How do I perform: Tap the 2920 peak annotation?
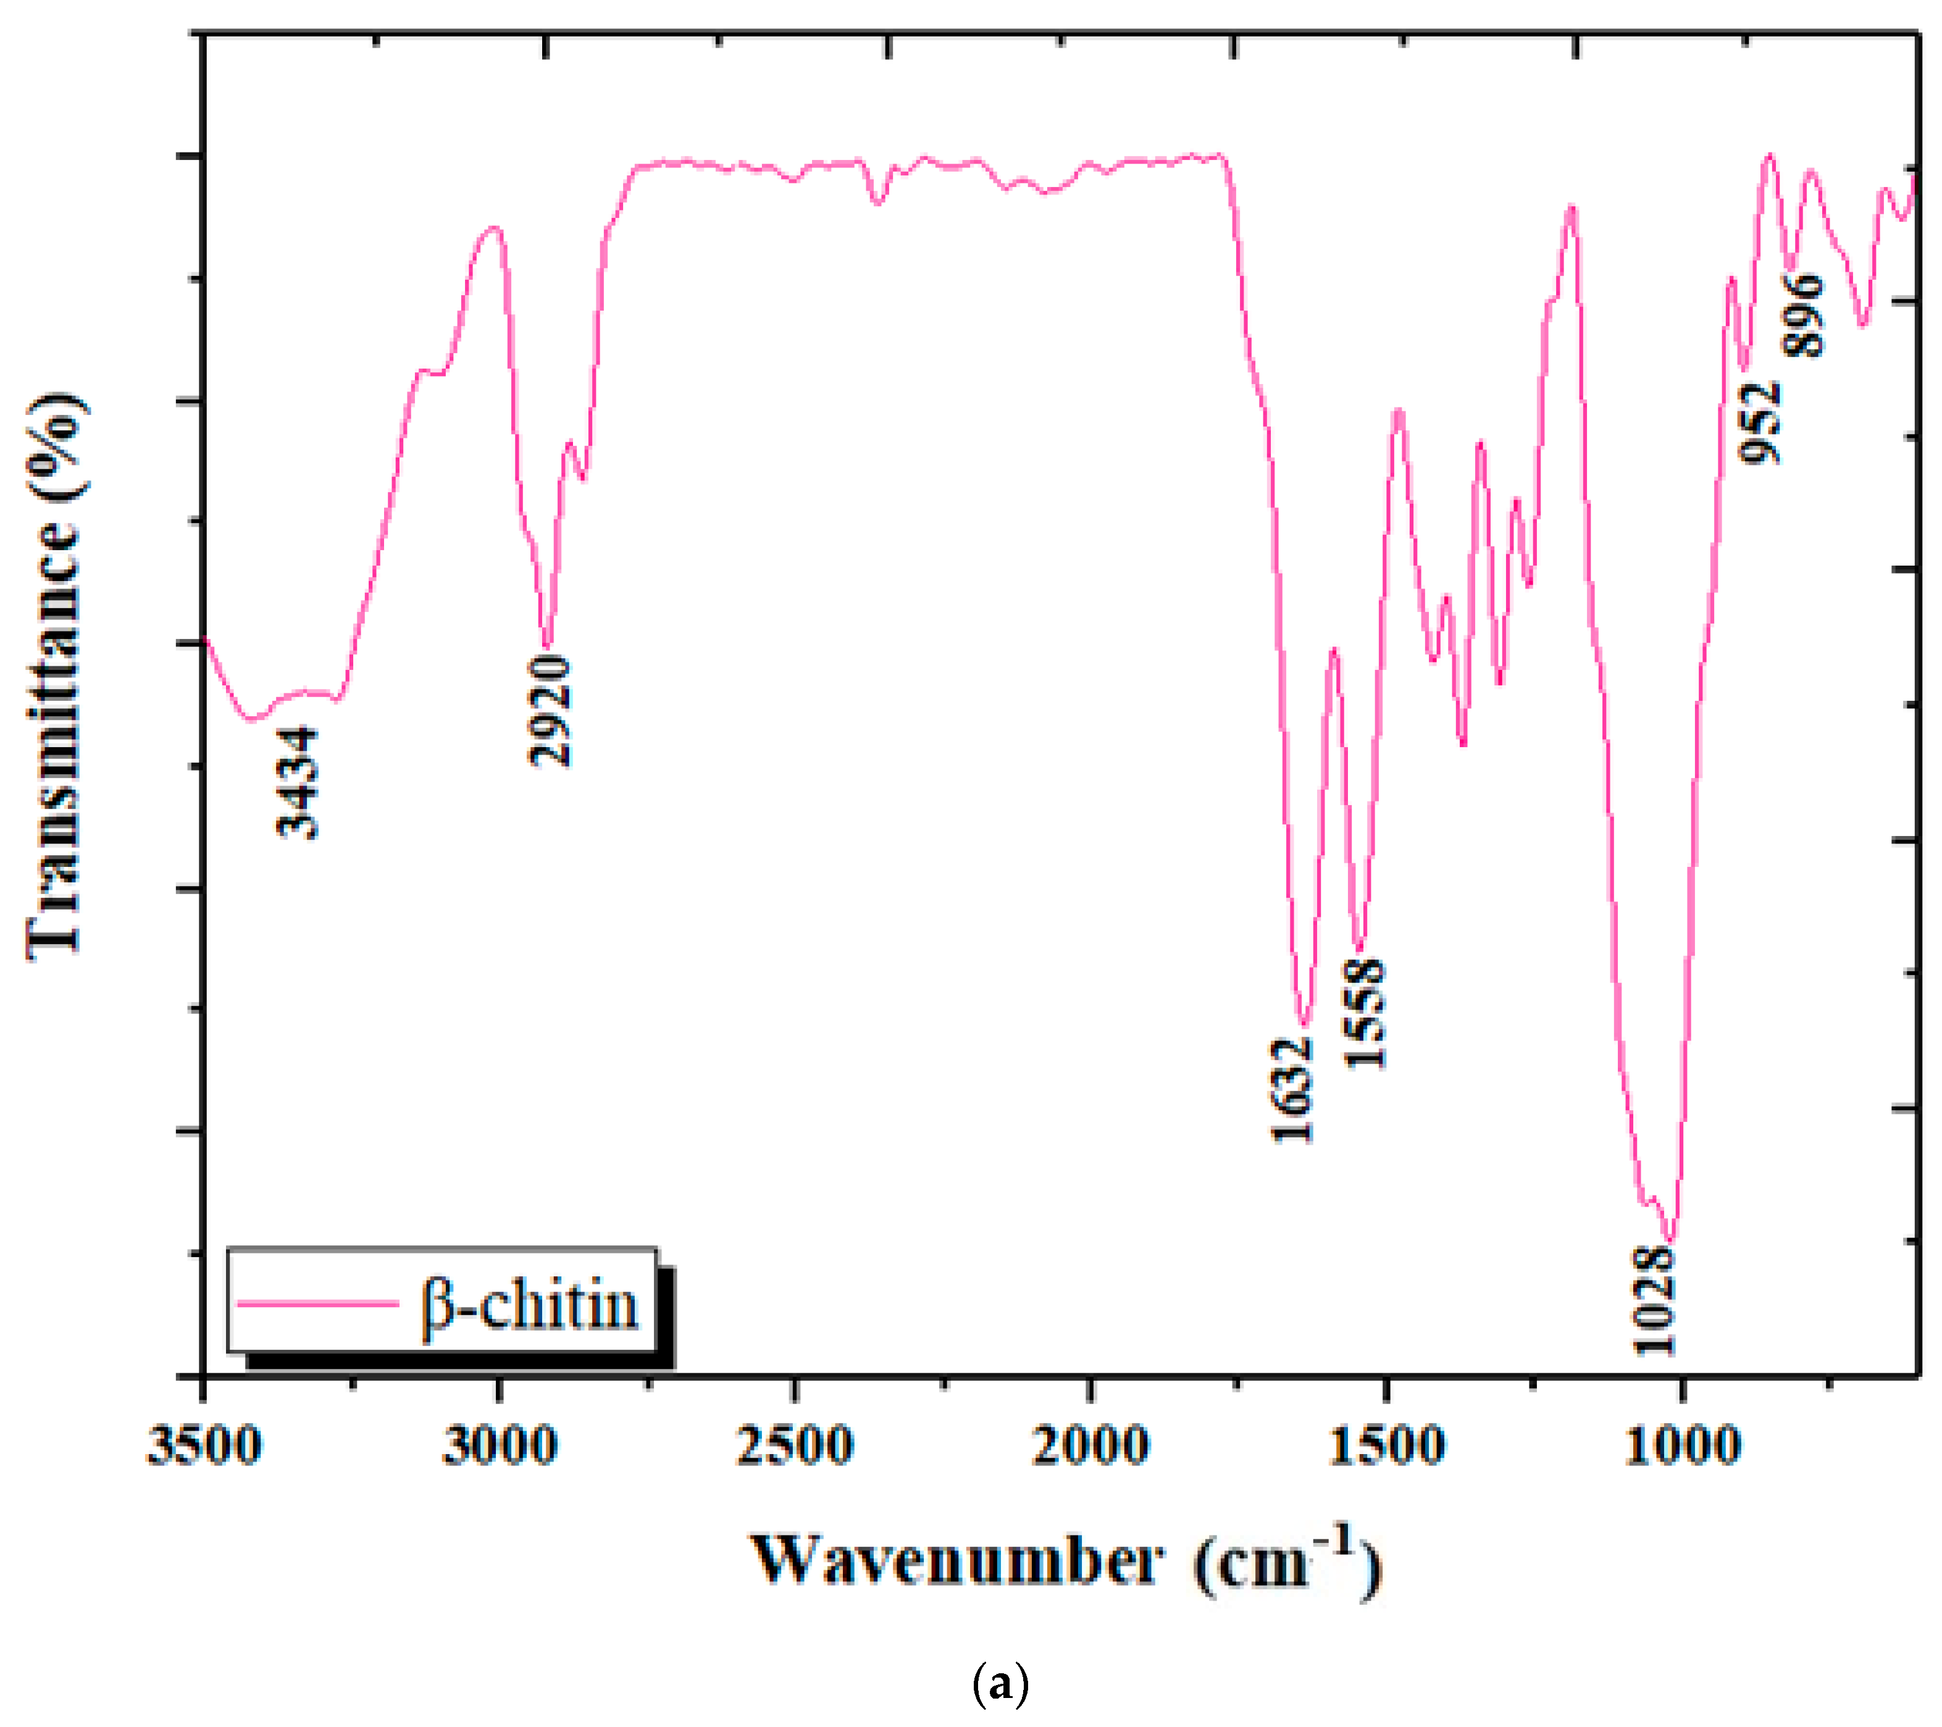coord(551,711)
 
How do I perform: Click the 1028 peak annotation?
coord(1654,1300)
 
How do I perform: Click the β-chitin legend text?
coord(530,1305)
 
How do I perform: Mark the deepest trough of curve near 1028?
coord(1671,1240)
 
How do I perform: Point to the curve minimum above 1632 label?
coord(1305,1025)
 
